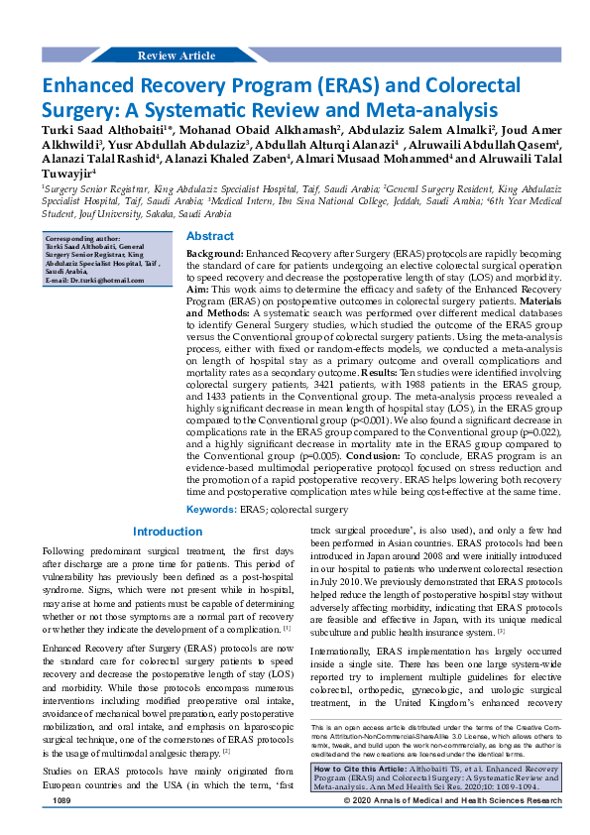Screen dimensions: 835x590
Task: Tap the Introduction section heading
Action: point(168,532)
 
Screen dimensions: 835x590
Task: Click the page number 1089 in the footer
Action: point(62,827)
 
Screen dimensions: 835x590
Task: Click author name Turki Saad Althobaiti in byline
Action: point(101,130)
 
